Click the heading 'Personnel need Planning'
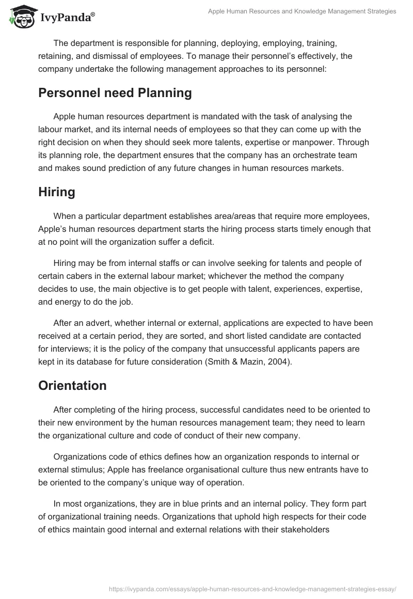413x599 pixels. click(x=115, y=93)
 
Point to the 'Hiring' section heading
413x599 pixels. click(x=57, y=192)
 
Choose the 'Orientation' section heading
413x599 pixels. click(x=72, y=385)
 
